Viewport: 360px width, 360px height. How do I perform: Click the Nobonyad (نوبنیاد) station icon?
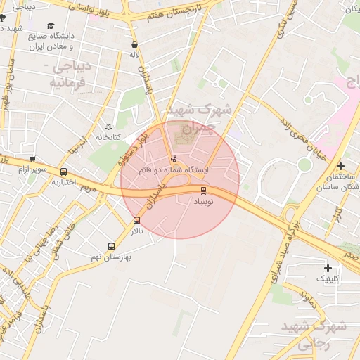pyautogui.click(x=204, y=190)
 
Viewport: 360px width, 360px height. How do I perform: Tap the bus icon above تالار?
pyautogui.click(x=136, y=220)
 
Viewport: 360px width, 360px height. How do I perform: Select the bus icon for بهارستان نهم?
pyautogui.click(x=111, y=246)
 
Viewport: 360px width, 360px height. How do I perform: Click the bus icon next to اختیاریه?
pyautogui.click(x=64, y=172)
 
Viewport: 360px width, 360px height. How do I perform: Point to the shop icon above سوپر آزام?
pyautogui.click(x=32, y=159)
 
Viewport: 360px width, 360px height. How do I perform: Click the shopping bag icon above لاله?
pyautogui.click(x=134, y=44)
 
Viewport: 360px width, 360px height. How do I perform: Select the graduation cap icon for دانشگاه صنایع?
pyautogui.click(x=51, y=26)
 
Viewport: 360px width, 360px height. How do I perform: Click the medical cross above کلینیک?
pyautogui.click(x=328, y=268)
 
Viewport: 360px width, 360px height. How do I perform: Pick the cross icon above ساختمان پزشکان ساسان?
pyautogui.click(x=340, y=167)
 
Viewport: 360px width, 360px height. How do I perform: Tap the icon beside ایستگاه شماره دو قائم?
pyautogui.click(x=174, y=159)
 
